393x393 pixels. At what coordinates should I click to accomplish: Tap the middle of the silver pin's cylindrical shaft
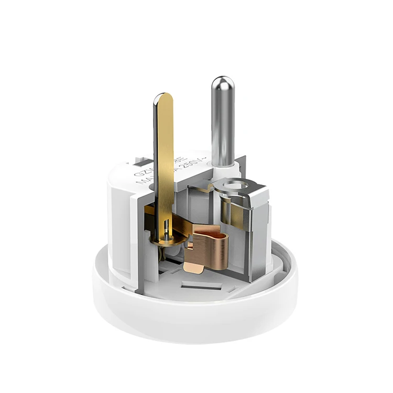click(223, 126)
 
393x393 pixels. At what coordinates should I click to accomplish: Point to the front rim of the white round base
click(194, 325)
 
